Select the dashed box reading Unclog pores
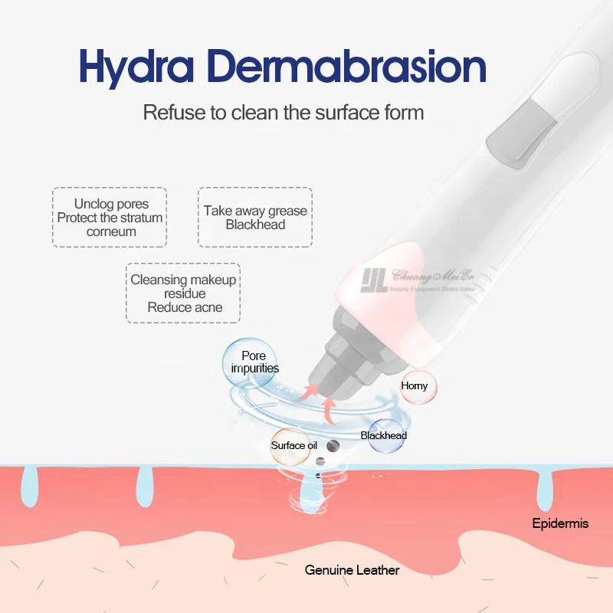pyautogui.click(x=110, y=217)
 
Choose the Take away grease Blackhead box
pyautogui.click(x=255, y=217)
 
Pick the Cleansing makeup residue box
pyautogui.click(x=183, y=293)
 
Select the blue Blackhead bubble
pyautogui.click(x=384, y=435)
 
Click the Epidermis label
pyautogui.click(x=560, y=524)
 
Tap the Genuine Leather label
pyautogui.click(x=352, y=570)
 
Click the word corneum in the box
pyautogui.click(x=111, y=231)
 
